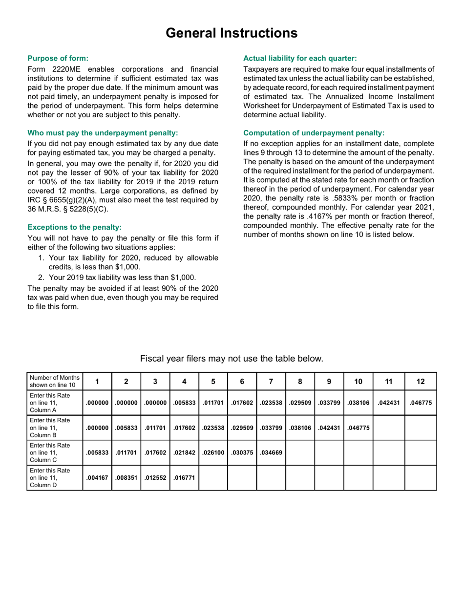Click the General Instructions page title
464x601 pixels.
coord(232,33)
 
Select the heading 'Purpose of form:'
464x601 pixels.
coord(58,58)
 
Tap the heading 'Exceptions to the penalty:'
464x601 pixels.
coord(74,227)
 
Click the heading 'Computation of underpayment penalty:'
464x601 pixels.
coord(314,133)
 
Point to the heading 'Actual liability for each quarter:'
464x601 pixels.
coord(300,58)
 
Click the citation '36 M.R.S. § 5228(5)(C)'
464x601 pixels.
coord(68,209)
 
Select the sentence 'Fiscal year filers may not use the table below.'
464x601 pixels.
coord(232,359)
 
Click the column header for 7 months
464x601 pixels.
coord(271,382)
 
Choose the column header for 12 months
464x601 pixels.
coord(421,382)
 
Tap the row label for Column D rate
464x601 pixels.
coord(50,477)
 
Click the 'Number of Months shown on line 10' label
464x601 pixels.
coord(54,381)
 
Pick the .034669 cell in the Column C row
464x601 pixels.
coord(271,453)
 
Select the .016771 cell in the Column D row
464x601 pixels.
coord(184,478)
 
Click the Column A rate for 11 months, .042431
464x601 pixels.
coord(389,403)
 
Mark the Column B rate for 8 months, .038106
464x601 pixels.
coord(300,428)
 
